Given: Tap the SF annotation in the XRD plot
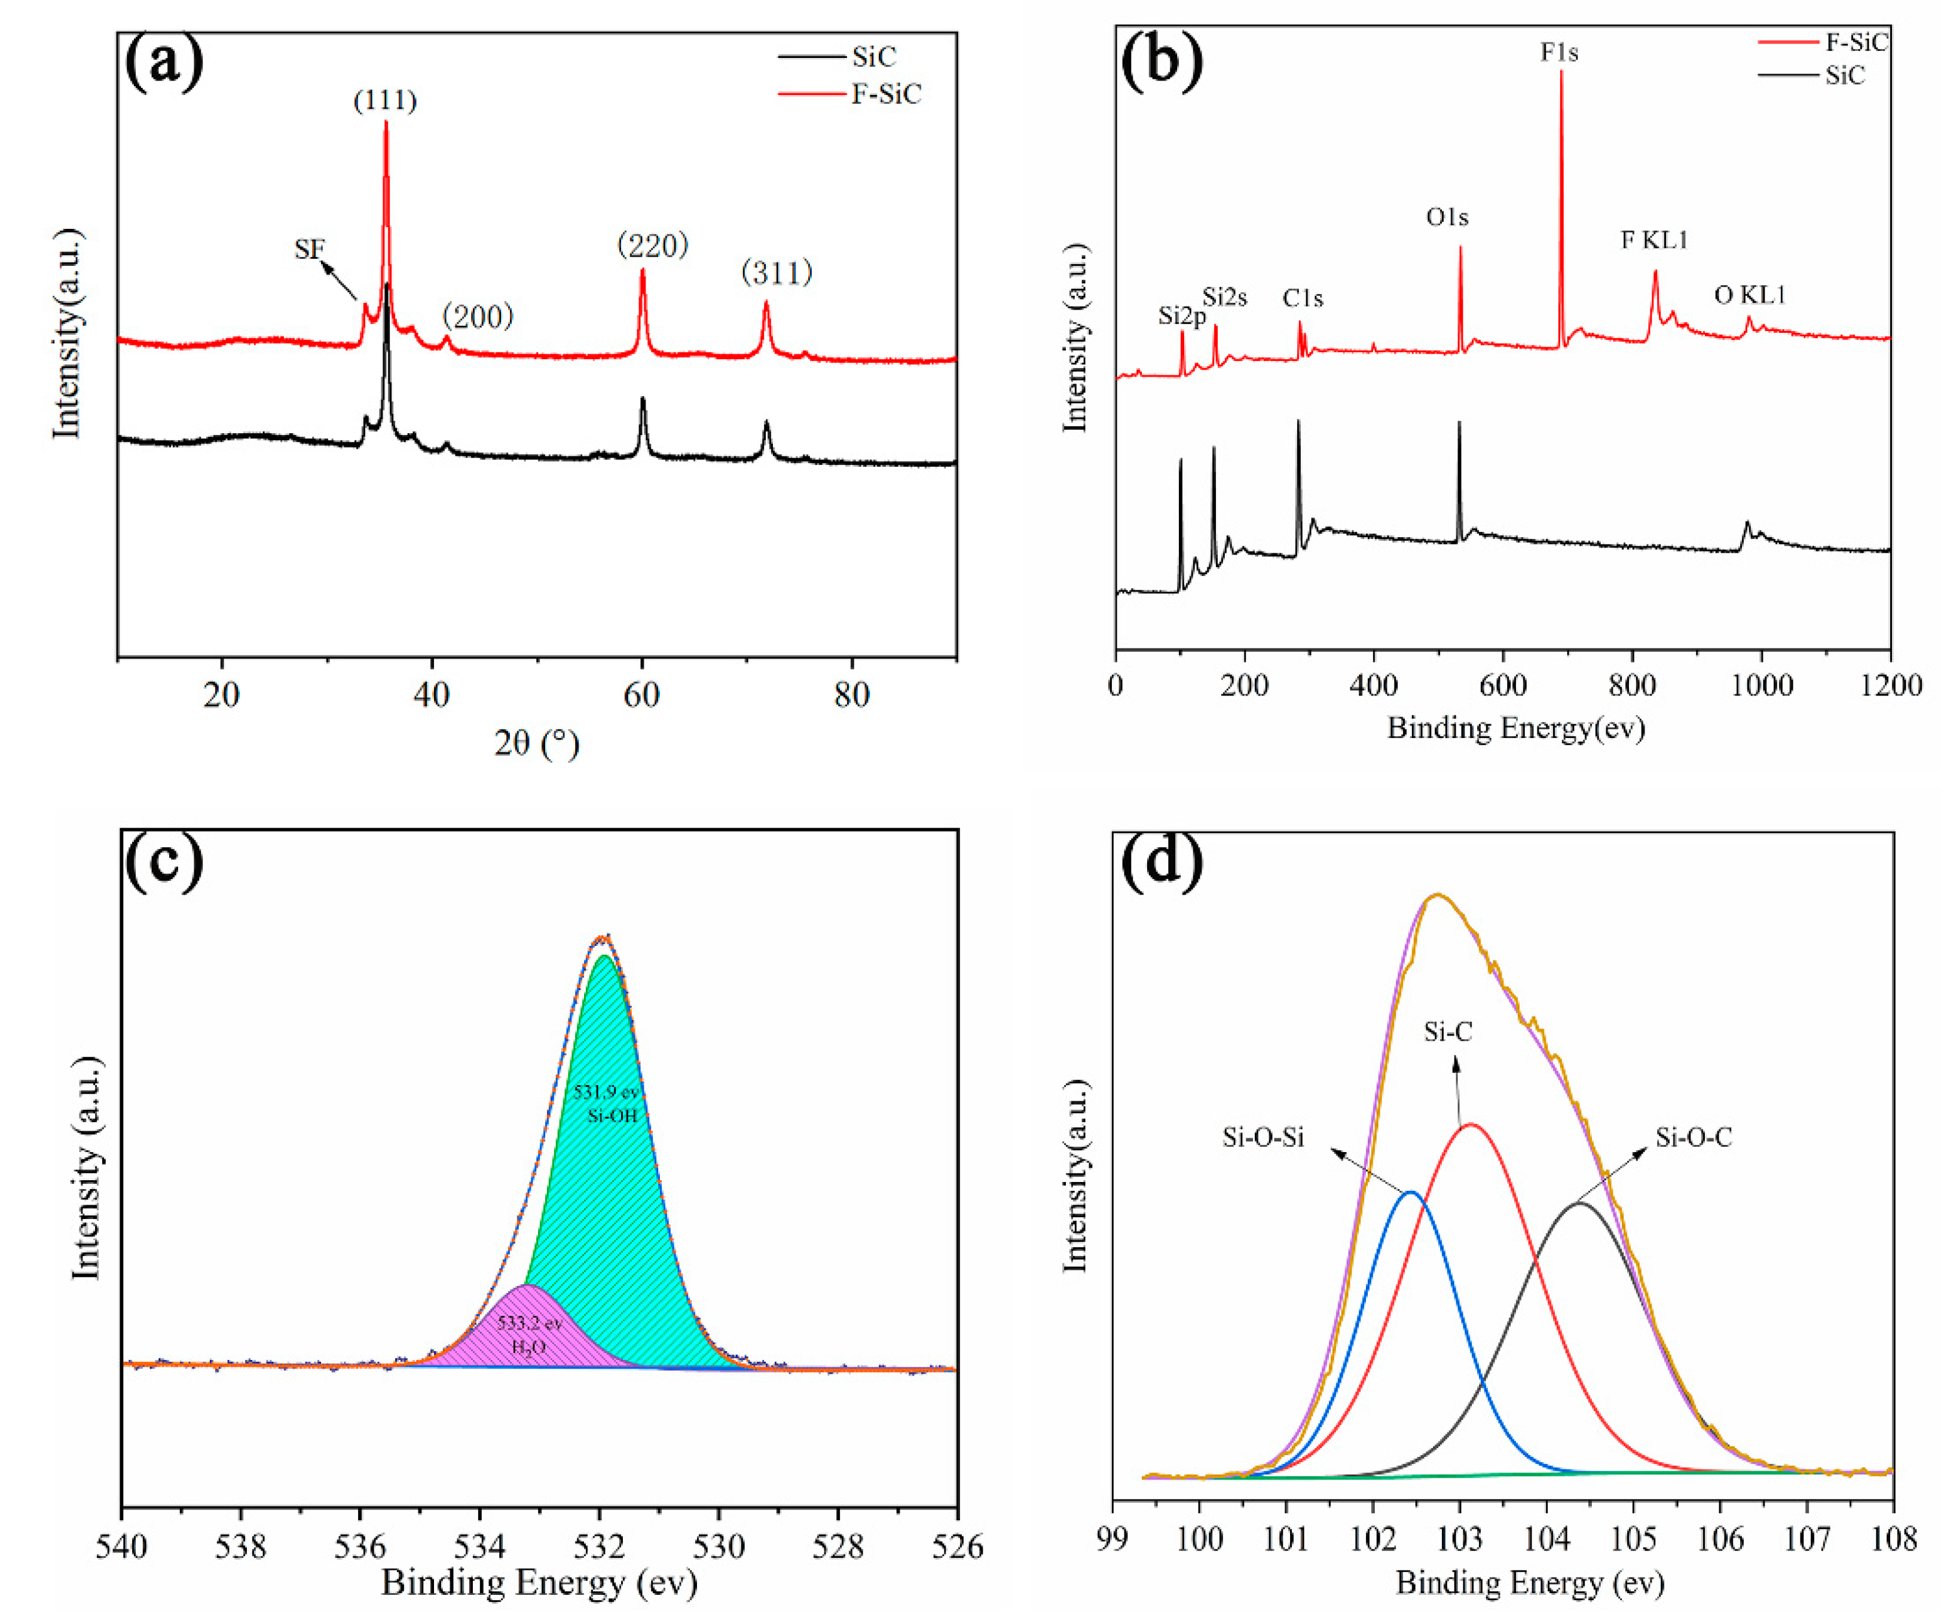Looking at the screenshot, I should tap(310, 249).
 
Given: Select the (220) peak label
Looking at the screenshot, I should tap(653, 245).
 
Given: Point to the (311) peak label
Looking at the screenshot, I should tap(777, 272).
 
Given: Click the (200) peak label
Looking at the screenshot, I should tap(477, 317).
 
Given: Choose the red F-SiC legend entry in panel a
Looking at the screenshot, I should tap(885, 94).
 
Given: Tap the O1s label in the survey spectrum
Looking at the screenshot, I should tap(1447, 217).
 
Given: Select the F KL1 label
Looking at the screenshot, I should tap(1655, 240).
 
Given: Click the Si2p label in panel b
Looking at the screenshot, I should tap(1181, 317).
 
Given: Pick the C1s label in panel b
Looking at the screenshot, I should tap(1303, 298).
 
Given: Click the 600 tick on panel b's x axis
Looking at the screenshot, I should tap(1503, 685).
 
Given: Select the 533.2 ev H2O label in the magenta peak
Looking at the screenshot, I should tap(528, 1335).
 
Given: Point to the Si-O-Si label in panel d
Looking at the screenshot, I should tap(1263, 1137).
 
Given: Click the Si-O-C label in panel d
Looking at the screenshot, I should tap(1694, 1137).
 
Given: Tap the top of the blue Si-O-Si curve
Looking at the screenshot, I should tap(1410, 1193).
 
